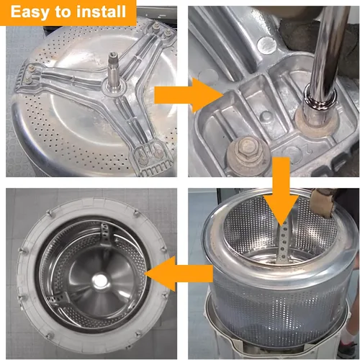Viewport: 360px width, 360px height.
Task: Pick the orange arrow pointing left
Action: click(x=179, y=274)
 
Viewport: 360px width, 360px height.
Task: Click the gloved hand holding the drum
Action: click(x=323, y=202)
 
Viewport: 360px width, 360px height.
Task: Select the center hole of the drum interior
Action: click(x=99, y=280)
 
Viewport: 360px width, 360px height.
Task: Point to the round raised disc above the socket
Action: click(x=266, y=45)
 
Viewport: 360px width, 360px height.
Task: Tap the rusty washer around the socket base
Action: click(x=317, y=120)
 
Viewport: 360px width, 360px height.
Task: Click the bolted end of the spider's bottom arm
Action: click(x=150, y=157)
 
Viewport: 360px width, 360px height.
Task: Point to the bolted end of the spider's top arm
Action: click(x=161, y=30)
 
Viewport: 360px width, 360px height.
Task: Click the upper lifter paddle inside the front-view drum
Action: click(x=106, y=234)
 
